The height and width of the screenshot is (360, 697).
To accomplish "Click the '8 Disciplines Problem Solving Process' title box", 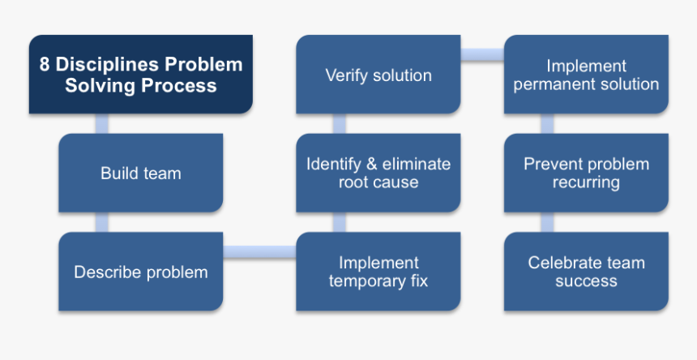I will coord(140,75).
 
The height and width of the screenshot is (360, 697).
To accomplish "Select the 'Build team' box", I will coord(140,173).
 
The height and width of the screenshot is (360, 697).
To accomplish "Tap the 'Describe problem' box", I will coord(140,272).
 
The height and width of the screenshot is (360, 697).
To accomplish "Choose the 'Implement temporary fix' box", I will coord(378,272).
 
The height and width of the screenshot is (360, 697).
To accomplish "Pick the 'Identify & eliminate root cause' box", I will coord(378,173).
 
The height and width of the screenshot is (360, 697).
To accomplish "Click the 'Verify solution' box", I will coord(378,75).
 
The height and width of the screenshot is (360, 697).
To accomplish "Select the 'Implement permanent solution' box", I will coord(586,75).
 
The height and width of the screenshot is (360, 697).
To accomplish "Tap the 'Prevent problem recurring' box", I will coord(586,173).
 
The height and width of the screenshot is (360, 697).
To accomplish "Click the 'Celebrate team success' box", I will coord(586,272).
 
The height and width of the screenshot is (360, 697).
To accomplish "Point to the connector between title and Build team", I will coord(101,123).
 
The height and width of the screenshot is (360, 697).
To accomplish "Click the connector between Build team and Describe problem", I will coord(101,222).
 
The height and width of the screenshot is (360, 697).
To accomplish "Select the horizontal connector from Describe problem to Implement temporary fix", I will coord(259,252).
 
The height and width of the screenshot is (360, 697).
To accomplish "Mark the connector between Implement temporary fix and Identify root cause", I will coord(339,222).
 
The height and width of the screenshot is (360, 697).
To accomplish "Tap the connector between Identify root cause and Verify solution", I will coord(339,123).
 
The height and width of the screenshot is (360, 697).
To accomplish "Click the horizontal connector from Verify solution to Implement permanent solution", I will coord(482,55).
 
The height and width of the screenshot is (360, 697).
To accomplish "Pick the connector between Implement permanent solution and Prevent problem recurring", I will coord(547,123).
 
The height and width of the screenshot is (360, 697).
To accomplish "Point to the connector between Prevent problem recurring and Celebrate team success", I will coord(547,222).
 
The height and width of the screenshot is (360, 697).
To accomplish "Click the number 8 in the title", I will coord(45,65).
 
